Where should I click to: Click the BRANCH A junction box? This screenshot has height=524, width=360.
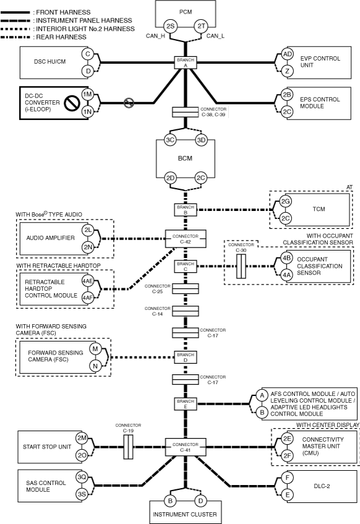point(186,62)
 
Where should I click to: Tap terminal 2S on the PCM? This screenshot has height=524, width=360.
point(170,26)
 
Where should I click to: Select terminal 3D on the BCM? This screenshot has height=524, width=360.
point(201,140)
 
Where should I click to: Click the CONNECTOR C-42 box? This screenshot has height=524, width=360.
point(186,239)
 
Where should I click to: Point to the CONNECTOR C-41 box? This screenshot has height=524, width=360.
point(186,447)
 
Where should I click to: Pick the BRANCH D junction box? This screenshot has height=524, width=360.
point(186,357)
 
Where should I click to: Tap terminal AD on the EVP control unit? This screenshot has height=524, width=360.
point(287,54)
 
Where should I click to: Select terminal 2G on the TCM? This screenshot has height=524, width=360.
point(285,201)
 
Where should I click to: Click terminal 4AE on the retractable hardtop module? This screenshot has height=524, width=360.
point(88,281)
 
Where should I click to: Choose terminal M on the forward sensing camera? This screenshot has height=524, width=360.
point(95,349)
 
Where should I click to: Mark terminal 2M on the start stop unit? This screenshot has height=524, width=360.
point(82,438)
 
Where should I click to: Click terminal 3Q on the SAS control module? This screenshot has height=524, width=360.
point(82,477)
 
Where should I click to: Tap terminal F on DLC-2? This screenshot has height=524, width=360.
point(287,478)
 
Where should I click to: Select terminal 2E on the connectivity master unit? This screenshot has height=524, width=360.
point(287,439)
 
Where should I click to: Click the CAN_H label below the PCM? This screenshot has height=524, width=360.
point(155,36)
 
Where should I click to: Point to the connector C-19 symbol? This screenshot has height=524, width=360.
point(129,447)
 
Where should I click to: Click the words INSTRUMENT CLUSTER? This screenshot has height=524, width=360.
point(185,514)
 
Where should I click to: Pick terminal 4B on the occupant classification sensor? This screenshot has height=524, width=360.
point(286,258)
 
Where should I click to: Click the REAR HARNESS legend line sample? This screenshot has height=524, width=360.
point(15,37)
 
